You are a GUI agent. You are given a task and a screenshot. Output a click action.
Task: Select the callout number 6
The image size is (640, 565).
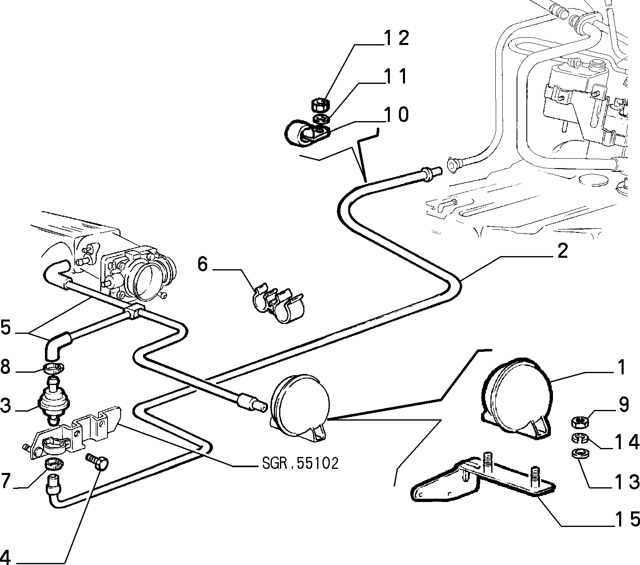tap(202, 264)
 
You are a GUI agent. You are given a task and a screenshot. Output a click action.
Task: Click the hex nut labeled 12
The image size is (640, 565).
tap(320, 105)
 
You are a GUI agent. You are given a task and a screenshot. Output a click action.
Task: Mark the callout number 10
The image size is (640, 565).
tap(396, 115)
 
